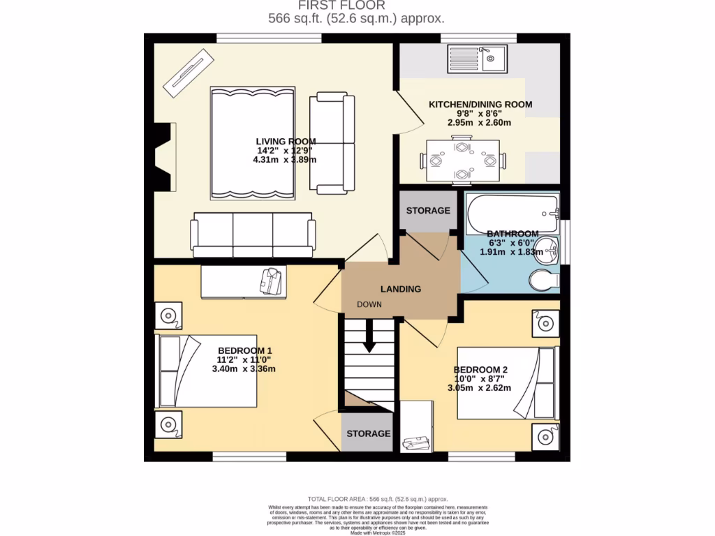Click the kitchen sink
point(478,59)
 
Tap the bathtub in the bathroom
point(513,213)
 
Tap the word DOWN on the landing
point(369,305)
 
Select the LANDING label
point(400,289)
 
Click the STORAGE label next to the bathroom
point(428,210)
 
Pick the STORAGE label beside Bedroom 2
point(369,433)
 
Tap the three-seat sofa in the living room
point(252,235)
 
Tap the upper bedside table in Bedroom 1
point(168,316)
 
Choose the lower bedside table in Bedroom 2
point(545,436)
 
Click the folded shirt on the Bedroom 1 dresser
point(272,281)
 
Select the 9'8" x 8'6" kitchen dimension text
point(480,114)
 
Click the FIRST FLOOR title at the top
point(356,6)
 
